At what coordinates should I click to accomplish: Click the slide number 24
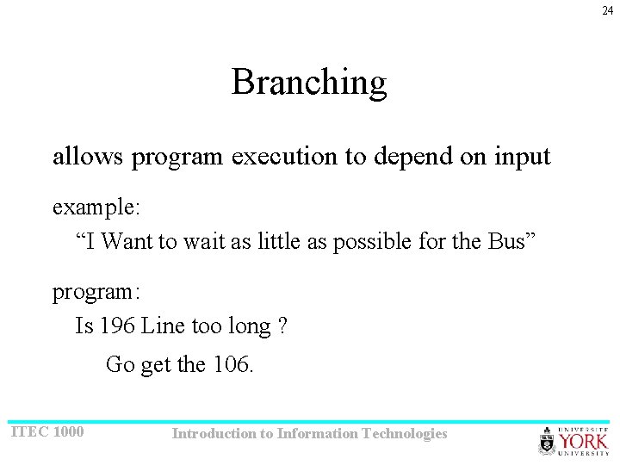point(608,9)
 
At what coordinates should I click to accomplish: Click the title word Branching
point(309,83)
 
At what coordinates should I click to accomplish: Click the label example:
point(96,208)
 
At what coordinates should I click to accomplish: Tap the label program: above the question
point(96,292)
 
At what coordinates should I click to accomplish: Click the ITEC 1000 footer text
point(47,431)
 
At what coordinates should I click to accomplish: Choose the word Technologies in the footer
point(406,434)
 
